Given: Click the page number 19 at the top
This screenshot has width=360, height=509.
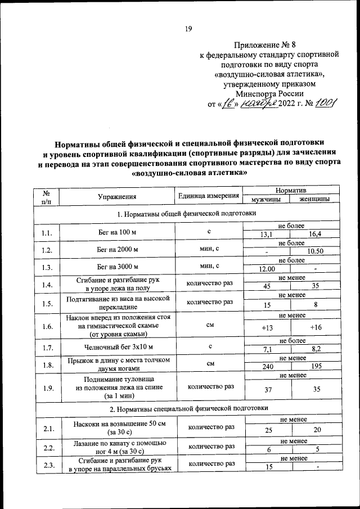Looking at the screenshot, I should click(x=189, y=28).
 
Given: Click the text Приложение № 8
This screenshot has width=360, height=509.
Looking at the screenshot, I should click(x=263, y=44).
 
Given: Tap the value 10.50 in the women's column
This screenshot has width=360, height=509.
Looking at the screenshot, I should click(x=314, y=252).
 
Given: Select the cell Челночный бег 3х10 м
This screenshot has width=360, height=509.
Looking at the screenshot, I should click(x=118, y=346).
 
